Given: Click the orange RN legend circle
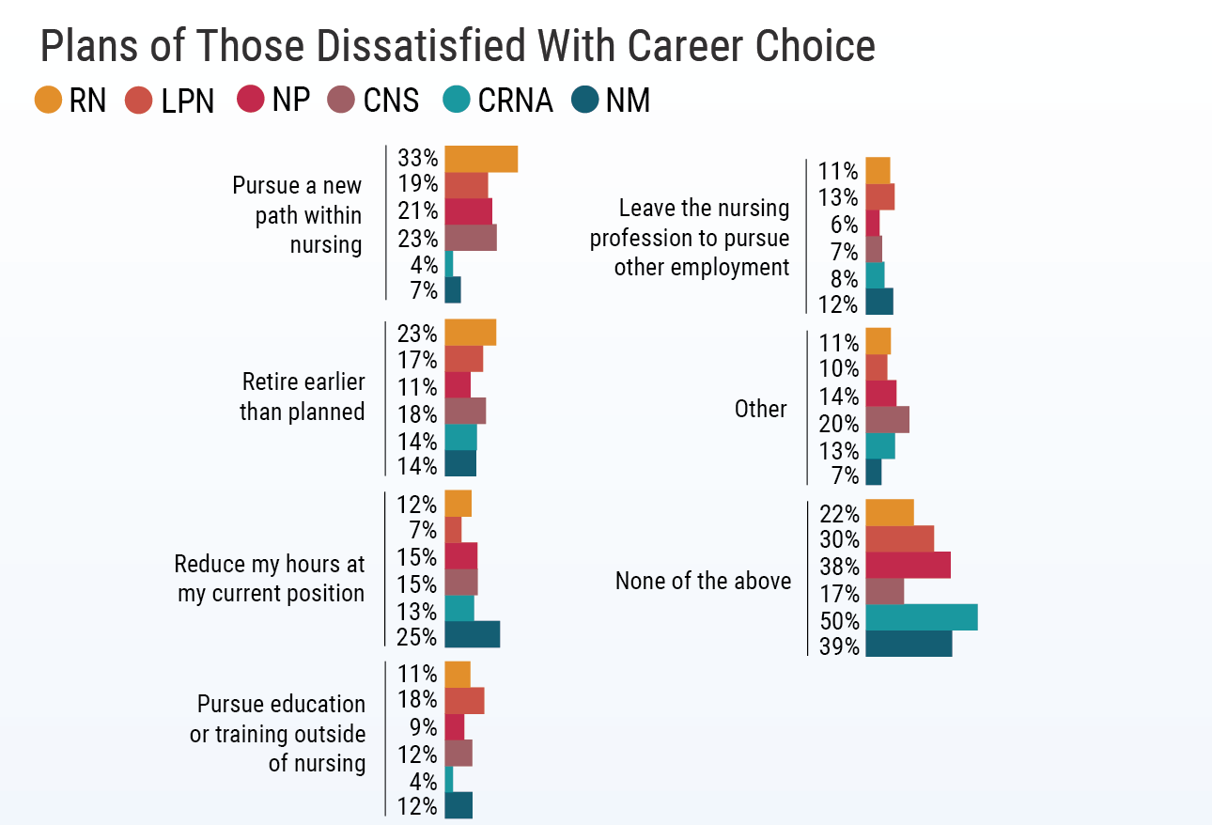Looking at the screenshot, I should [48, 101].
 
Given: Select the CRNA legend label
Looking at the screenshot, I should [515, 101].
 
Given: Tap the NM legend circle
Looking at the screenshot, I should [586, 101].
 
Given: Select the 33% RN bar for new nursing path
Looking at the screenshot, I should [480, 159].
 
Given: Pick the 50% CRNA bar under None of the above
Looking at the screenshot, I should [921, 617].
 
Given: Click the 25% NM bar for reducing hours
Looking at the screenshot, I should [472, 634].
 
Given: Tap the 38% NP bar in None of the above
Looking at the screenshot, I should [908, 565].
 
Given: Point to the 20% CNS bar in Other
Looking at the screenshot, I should [887, 419].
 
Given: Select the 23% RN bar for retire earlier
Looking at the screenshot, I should [470, 333].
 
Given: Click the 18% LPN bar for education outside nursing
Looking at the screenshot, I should [464, 700].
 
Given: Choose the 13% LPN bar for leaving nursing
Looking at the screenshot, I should [879, 196].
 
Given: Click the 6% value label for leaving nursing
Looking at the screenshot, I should [844, 225].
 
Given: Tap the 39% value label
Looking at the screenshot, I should [839, 646].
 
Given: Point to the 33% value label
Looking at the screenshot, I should [418, 158].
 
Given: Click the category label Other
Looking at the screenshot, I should [760, 409].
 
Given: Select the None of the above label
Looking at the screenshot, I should [703, 581].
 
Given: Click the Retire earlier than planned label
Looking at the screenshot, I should [302, 397].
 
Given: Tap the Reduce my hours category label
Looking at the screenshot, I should [270, 579].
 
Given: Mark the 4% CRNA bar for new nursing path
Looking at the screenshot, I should [448, 263].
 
